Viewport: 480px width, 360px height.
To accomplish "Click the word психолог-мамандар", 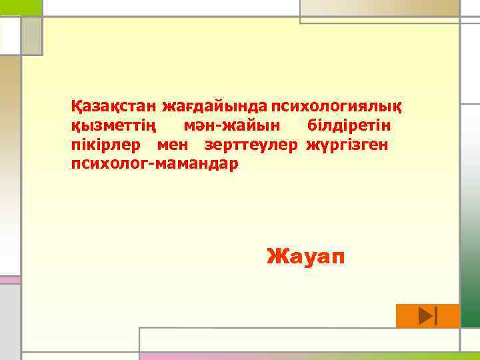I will (x=155, y=163).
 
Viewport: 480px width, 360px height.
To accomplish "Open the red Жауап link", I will (x=306, y=255).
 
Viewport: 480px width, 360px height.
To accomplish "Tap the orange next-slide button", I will (x=427, y=316).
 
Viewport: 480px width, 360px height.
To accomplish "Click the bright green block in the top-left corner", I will (x=21, y=7).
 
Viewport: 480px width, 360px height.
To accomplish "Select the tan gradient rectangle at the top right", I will (x=380, y=8).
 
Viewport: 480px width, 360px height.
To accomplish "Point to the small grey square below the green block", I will (x=31, y=36).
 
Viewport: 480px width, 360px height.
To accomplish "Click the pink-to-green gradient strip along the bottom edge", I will (x=307, y=356).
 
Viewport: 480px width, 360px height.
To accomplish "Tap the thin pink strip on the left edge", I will (x=9, y=280).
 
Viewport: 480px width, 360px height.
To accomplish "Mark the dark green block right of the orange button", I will (x=469, y=316).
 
